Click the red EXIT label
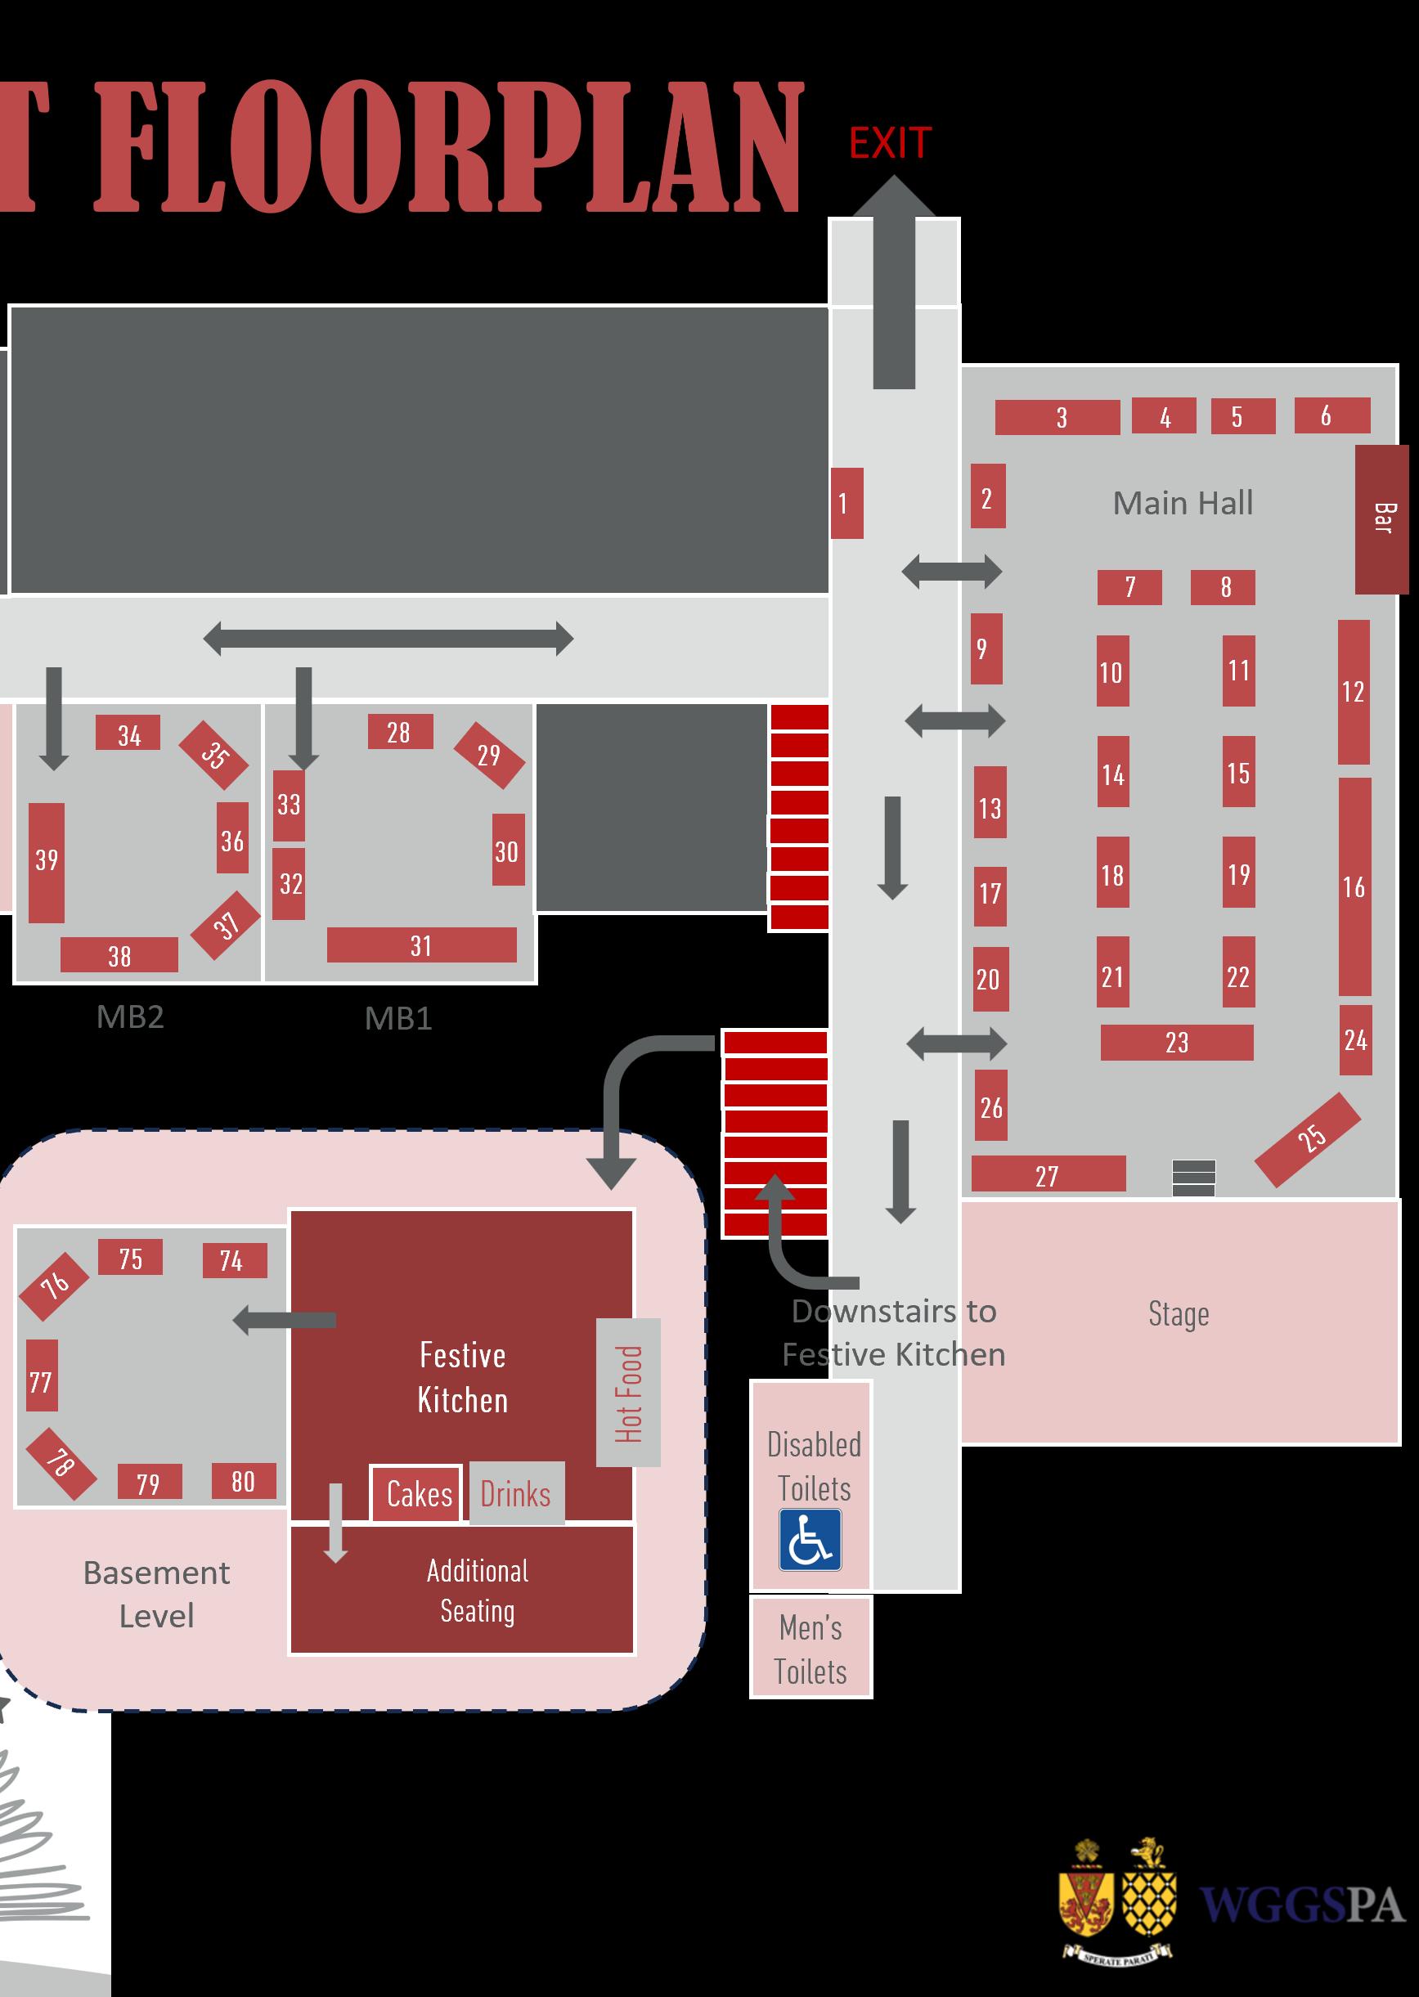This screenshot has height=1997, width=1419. pyautogui.click(x=890, y=143)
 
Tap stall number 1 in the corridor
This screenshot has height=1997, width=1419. pyautogui.click(x=846, y=503)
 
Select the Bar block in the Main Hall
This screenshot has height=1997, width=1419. pyautogui.click(x=1381, y=519)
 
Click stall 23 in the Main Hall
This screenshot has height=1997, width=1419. pyautogui.click(x=1176, y=1042)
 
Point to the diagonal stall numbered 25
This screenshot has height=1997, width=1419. pyautogui.click(x=1308, y=1140)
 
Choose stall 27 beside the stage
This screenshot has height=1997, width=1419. pyautogui.click(x=1048, y=1174)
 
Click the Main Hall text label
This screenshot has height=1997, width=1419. pyautogui.click(x=1182, y=503)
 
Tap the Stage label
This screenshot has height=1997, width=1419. pyautogui.click(x=1178, y=1314)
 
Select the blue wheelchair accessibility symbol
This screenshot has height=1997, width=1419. pyautogui.click(x=810, y=1539)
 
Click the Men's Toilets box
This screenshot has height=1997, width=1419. pyautogui.click(x=810, y=1648)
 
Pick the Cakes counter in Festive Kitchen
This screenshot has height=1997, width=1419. pyautogui.click(x=418, y=1494)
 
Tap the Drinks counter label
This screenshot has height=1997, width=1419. pyautogui.click(x=515, y=1494)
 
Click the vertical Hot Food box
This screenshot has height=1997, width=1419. pyautogui.click(x=628, y=1393)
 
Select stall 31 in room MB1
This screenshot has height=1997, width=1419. pyautogui.click(x=421, y=945)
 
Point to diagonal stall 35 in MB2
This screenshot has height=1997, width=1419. pyautogui.click(x=213, y=755)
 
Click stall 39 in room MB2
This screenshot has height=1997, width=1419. pyautogui.click(x=47, y=862)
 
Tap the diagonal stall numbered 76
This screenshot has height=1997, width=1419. pyautogui.click(x=54, y=1286)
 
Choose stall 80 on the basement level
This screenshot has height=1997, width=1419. pyautogui.click(x=243, y=1482)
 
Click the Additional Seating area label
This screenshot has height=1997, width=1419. pyautogui.click(x=477, y=1591)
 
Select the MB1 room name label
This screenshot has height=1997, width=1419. pyautogui.click(x=397, y=1019)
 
